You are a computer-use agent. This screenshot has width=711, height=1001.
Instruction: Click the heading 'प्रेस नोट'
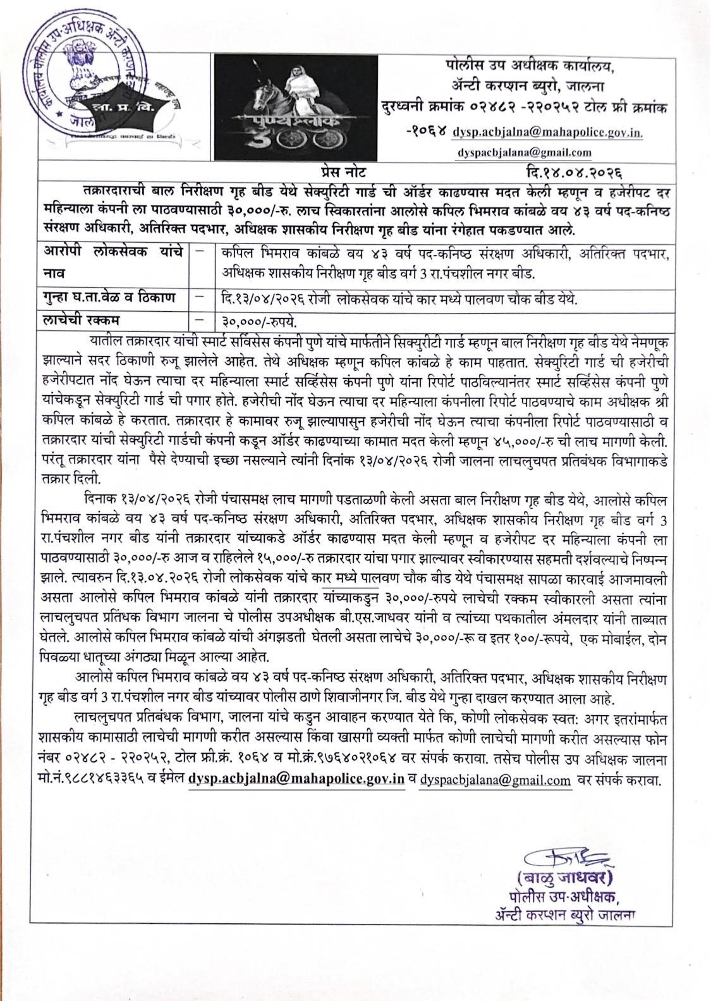point(342,171)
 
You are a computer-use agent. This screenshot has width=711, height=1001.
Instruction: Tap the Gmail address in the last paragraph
point(495,780)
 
